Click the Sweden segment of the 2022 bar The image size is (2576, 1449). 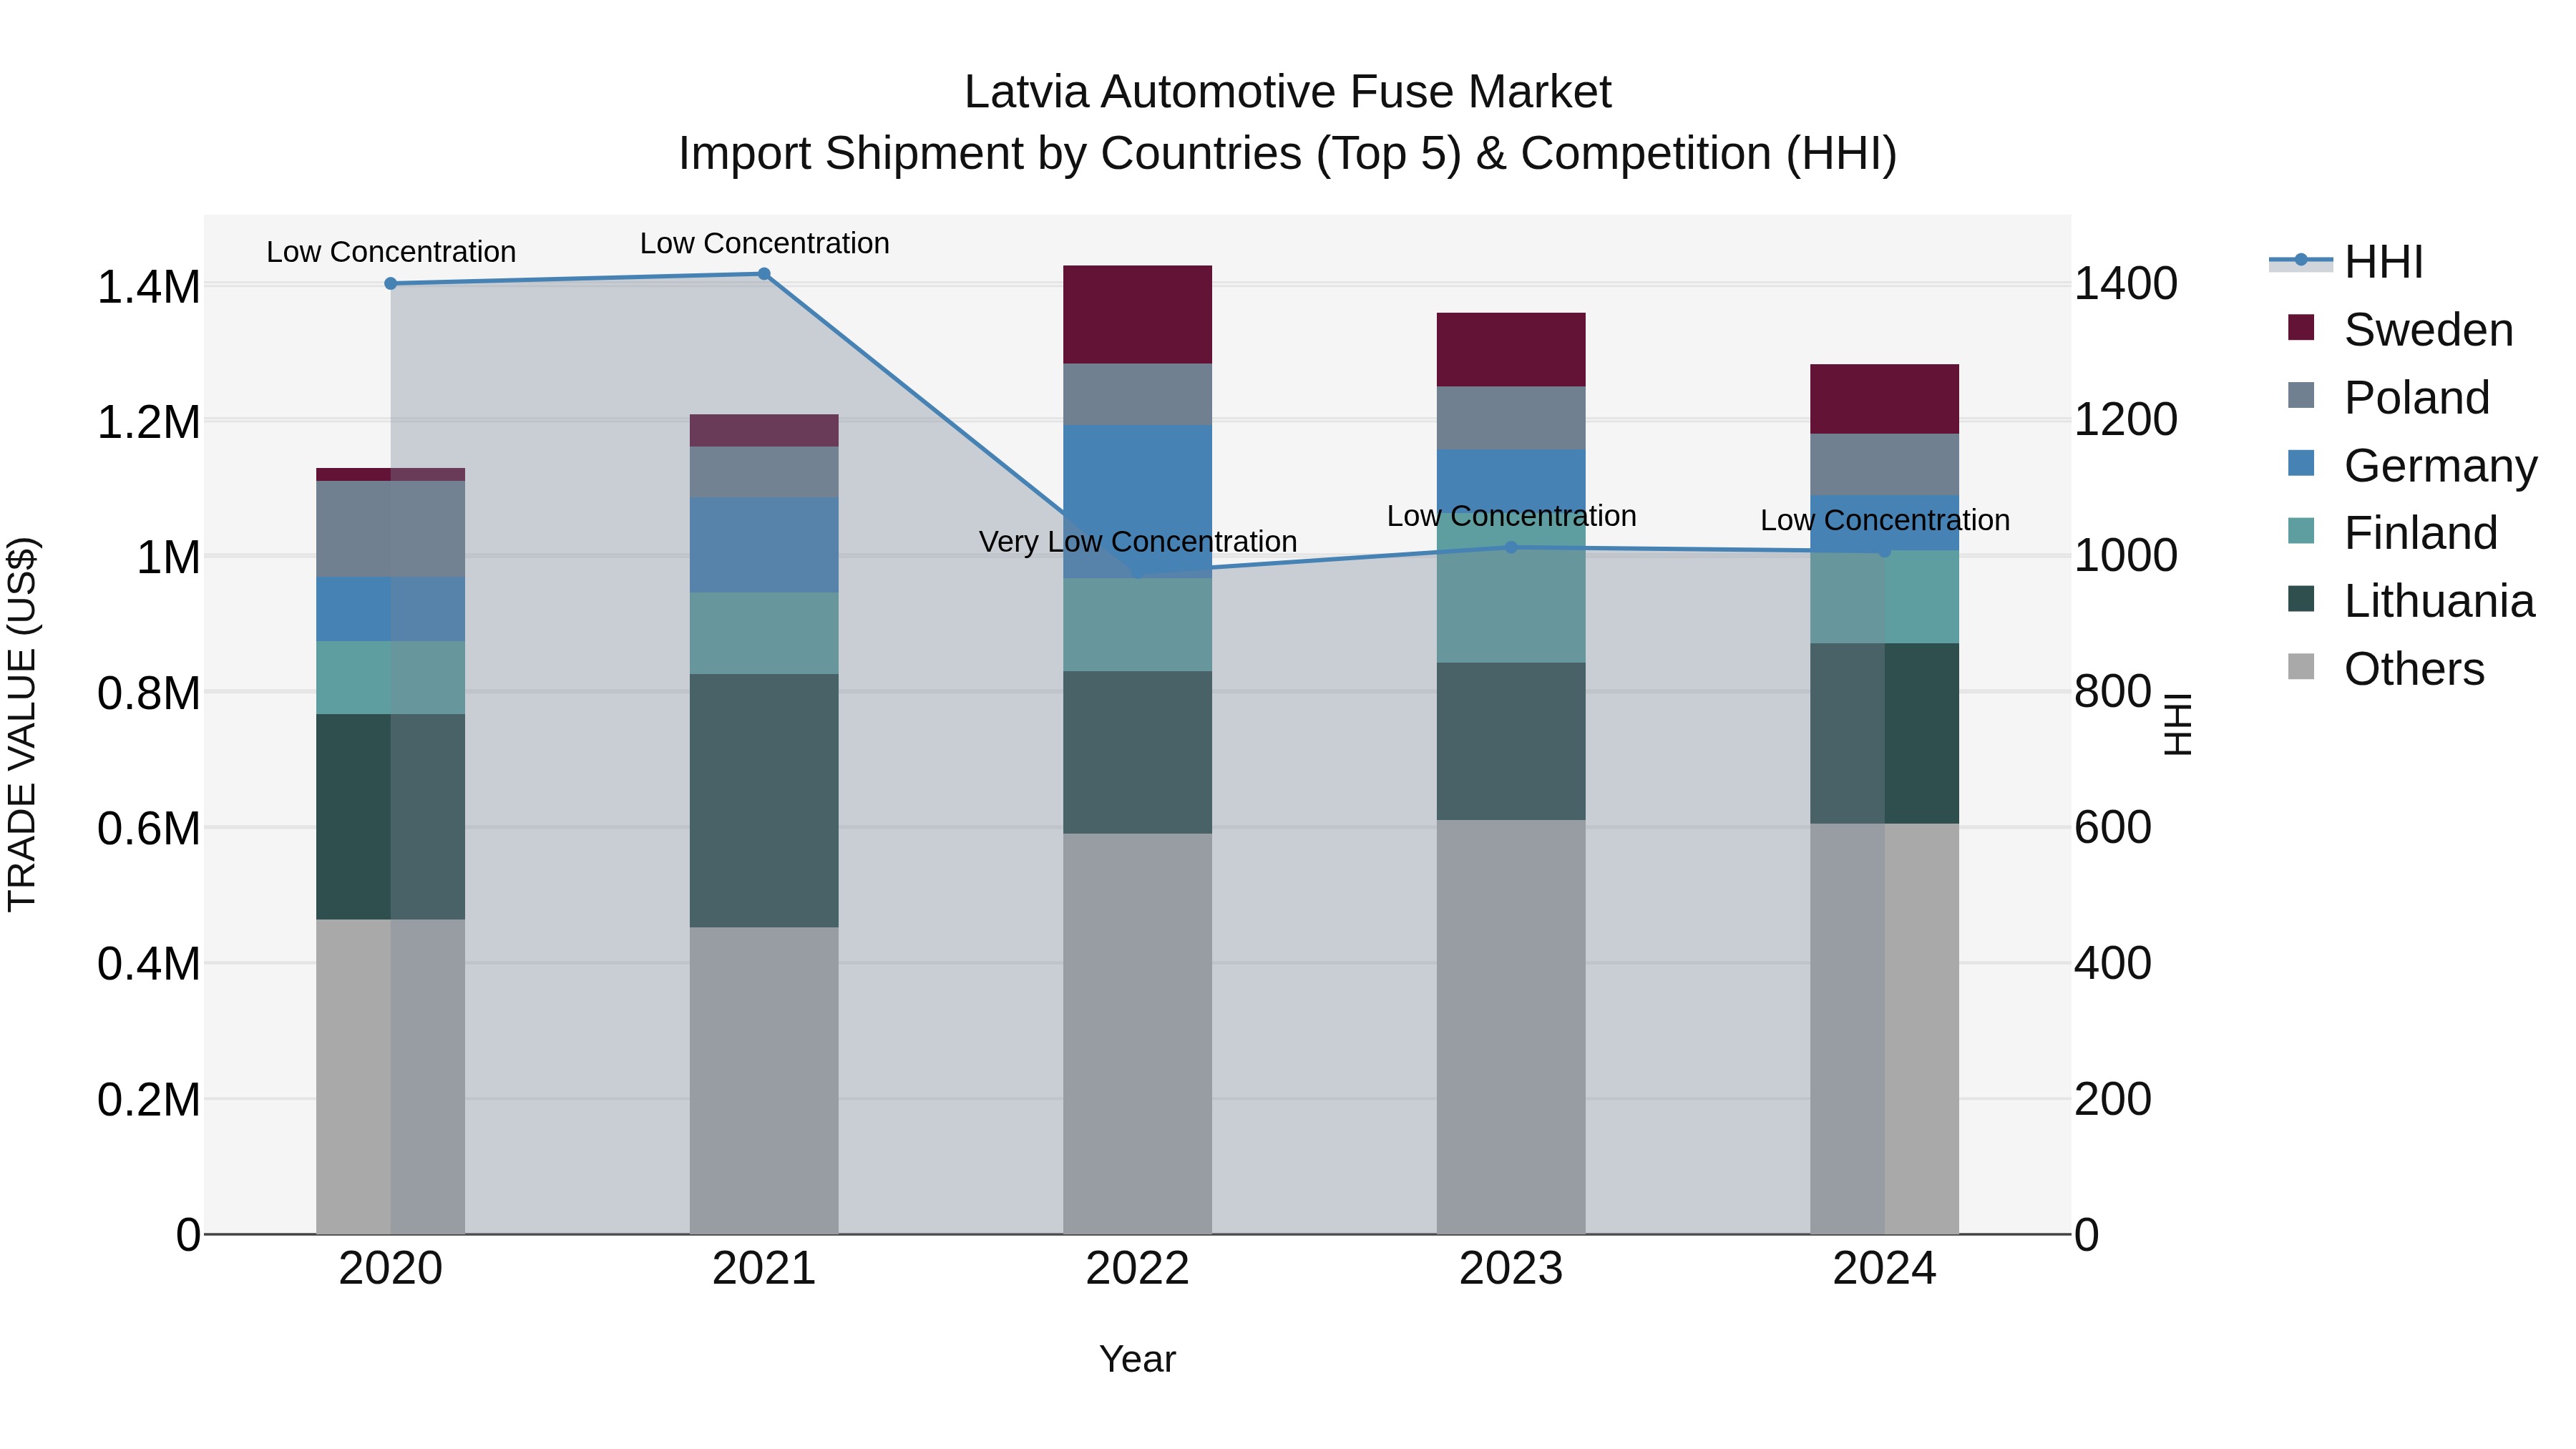pos(1137,314)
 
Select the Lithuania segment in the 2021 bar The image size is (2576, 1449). pos(764,800)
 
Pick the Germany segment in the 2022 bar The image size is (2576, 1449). pos(1137,500)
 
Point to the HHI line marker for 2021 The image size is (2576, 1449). pos(764,274)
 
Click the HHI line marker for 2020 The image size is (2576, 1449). pos(391,284)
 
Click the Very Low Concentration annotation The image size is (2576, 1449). pos(1137,541)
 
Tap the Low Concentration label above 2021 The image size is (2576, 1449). pos(764,243)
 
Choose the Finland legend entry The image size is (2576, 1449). pos(2420,533)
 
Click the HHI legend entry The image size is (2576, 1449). pos(2383,262)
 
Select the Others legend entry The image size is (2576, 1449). pos(2413,669)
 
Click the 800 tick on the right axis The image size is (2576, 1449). pos(2112,691)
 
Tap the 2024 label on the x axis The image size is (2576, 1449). pos(1884,1268)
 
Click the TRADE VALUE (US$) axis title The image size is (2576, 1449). pos(22,724)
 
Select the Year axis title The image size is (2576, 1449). pos(1137,1359)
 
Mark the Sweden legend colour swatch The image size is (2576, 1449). pos(2301,328)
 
